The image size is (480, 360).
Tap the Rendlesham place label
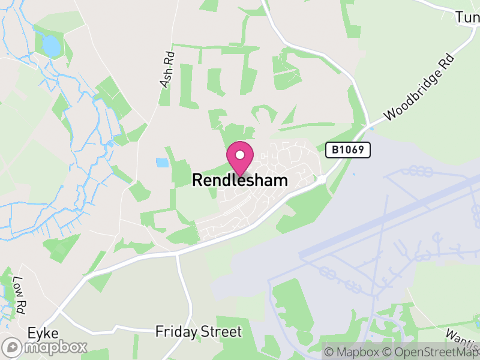coord(240,180)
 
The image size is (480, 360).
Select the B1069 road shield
coord(348,150)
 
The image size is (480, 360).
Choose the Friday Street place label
coord(199,332)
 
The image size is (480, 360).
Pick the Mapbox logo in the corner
coord(45,347)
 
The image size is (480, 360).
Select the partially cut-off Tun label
coord(467,17)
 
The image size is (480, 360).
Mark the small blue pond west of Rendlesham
coord(162,162)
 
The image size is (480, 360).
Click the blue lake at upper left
coord(52,46)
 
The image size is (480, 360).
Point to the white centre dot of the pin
coord(240,155)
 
